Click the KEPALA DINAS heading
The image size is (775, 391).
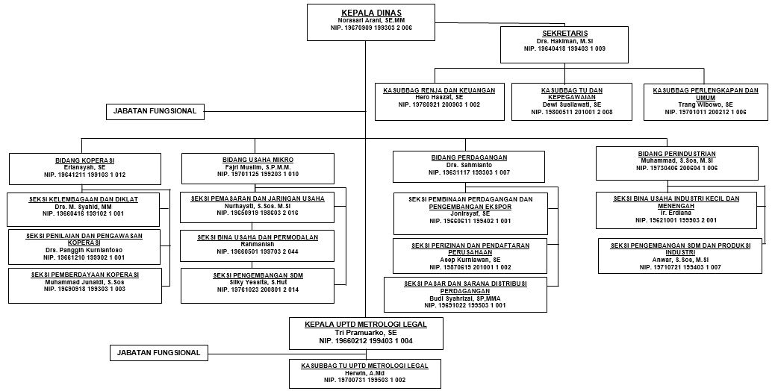pyautogui.click(x=370, y=12)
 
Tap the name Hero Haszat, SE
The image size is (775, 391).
pyautogui.click(x=439, y=98)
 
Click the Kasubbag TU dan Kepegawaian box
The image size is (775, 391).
pyautogui.click(x=572, y=101)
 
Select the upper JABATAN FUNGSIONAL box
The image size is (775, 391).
pyautogui.click(x=155, y=111)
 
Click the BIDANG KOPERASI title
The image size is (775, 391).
pyautogui.click(x=84, y=160)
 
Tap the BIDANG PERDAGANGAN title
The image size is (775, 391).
pyautogui.click(x=469, y=157)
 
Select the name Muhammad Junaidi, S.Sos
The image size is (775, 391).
pyautogui.click(x=84, y=281)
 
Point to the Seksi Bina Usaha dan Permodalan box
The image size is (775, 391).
pyautogui.click(x=258, y=245)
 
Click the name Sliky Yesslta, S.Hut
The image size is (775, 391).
pyautogui.click(x=258, y=281)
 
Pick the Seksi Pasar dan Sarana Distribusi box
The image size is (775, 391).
pyautogui.click(x=470, y=294)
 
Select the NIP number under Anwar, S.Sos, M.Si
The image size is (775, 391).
pyautogui.click(x=680, y=266)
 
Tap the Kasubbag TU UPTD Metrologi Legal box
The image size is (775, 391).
pyautogui.click(x=364, y=373)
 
